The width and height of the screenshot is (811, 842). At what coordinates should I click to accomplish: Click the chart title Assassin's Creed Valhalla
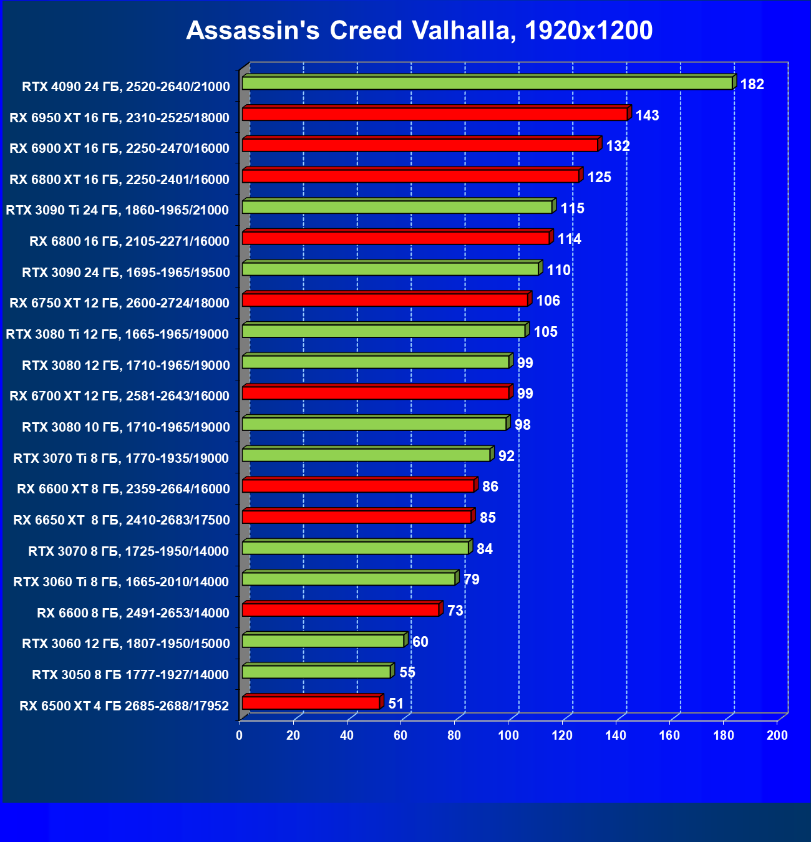pyautogui.click(x=419, y=31)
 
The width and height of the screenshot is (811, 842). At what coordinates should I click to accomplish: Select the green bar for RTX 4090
pyautogui.click(x=487, y=83)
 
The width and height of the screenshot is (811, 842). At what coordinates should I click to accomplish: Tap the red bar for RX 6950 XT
pyautogui.click(x=434, y=114)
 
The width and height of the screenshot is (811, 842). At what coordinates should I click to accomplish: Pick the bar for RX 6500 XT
pyautogui.click(x=311, y=703)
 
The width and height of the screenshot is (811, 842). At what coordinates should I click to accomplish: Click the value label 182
pyautogui.click(x=752, y=84)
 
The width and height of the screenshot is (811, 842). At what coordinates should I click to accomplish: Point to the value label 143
pyautogui.click(x=647, y=115)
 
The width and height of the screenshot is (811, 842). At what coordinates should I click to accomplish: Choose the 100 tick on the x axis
pyautogui.click(x=508, y=735)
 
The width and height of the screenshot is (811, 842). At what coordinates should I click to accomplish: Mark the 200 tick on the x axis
pyautogui.click(x=777, y=735)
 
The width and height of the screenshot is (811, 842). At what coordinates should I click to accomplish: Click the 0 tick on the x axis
pyautogui.click(x=240, y=735)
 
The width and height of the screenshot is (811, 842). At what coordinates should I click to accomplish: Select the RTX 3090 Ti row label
pyautogui.click(x=117, y=210)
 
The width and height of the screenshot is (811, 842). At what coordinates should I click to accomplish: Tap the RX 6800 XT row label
pyautogui.click(x=119, y=180)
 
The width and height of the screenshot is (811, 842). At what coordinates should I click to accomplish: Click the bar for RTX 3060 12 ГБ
pyautogui.click(x=323, y=641)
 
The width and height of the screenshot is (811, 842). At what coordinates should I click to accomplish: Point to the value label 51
pyautogui.click(x=396, y=704)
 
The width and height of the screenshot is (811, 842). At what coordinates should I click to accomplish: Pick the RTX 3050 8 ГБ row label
pyautogui.click(x=130, y=674)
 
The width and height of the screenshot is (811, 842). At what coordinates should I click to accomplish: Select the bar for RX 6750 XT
pyautogui.click(x=385, y=300)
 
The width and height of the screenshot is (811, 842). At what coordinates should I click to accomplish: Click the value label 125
pyautogui.click(x=599, y=177)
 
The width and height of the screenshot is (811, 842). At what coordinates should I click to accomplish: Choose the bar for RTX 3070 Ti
pyautogui.click(x=366, y=455)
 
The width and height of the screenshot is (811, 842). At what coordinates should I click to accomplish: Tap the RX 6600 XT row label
pyautogui.click(x=123, y=489)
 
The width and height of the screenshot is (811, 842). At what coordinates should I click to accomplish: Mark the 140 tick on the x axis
pyautogui.click(x=616, y=735)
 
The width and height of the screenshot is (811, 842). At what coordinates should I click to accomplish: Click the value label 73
pyautogui.click(x=455, y=611)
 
